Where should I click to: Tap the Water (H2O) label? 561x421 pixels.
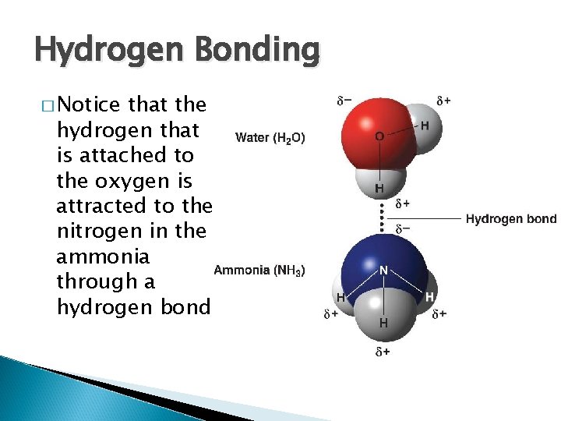[x=270, y=138]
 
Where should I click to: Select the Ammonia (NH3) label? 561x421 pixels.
[x=259, y=271]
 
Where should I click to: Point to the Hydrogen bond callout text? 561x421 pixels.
[x=511, y=219]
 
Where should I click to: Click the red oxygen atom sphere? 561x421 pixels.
[x=369, y=133]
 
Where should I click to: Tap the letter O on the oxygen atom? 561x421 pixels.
[x=379, y=136]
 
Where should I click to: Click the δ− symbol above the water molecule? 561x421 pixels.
[x=344, y=101]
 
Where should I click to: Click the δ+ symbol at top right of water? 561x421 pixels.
[x=444, y=101]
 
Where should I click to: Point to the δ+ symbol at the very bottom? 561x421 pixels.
[x=383, y=352]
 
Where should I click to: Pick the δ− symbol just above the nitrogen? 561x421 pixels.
[x=403, y=229]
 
